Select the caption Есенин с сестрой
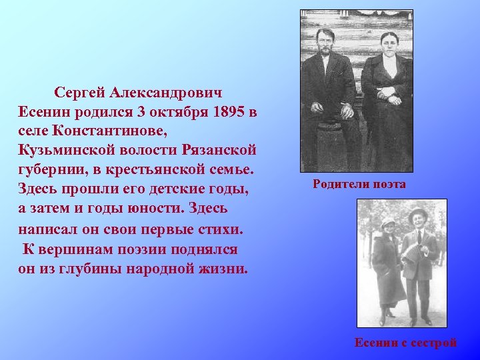tap(405, 343)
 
